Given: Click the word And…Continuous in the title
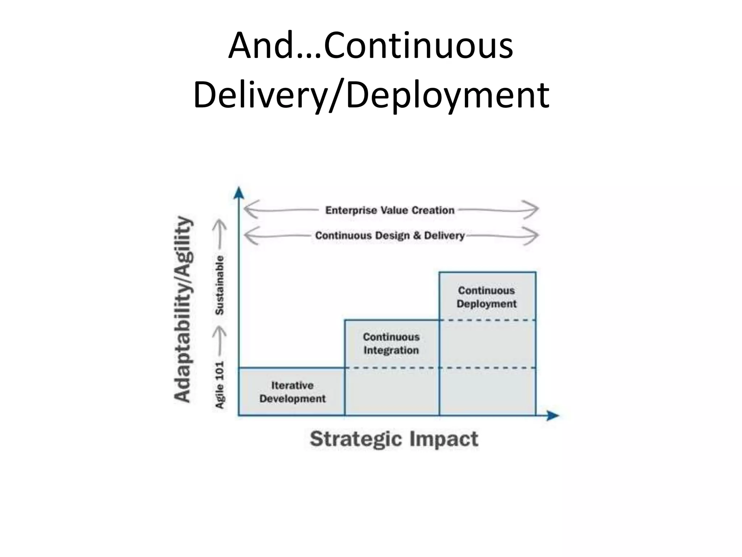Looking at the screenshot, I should [371, 46].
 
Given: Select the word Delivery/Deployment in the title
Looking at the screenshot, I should [371, 95].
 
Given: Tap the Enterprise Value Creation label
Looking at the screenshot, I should [390, 210].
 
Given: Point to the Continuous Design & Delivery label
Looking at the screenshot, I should [390, 236].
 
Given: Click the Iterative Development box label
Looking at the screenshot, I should [292, 392].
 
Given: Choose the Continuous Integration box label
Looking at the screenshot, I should [391, 343].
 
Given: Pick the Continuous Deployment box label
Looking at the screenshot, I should [487, 297].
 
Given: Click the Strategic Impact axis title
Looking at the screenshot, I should [394, 439].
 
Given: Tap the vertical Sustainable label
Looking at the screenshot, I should [220, 285].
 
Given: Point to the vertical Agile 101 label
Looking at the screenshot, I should [220, 385].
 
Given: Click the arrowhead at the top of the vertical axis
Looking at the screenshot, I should [238, 193].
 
